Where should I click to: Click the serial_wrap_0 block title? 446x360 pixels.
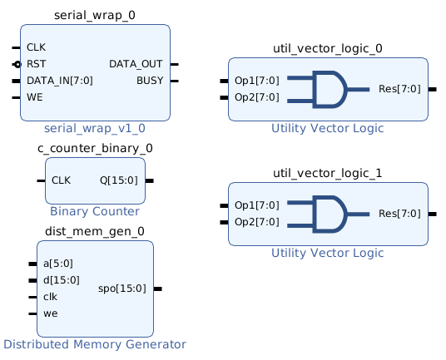click(95, 15)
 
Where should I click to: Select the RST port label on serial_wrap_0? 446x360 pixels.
click(36, 64)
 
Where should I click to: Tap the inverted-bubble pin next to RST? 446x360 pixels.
click(17, 65)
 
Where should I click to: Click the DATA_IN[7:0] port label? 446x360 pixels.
click(60, 81)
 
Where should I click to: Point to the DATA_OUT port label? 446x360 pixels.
click(136, 64)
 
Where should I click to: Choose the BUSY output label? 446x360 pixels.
click(150, 81)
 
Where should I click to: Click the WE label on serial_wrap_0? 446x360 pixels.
click(35, 97)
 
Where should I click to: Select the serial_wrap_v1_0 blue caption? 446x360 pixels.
click(95, 128)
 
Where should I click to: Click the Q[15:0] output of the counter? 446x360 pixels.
click(119, 180)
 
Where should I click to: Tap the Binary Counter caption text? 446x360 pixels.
click(95, 211)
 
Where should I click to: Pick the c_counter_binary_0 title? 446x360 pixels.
click(95, 148)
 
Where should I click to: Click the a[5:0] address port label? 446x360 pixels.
click(58, 264)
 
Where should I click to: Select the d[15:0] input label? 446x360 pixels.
click(62, 280)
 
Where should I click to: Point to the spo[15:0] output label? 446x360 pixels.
click(122, 288)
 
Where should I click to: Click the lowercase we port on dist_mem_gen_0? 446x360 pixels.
click(51, 313)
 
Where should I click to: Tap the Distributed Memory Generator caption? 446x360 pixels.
click(95, 344)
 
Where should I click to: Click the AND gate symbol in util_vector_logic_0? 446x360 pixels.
click(329, 90)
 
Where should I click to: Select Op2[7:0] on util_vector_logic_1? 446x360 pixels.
click(257, 222)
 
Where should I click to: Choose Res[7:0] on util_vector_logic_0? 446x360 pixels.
click(399, 89)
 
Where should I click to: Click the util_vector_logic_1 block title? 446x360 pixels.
click(328, 173)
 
